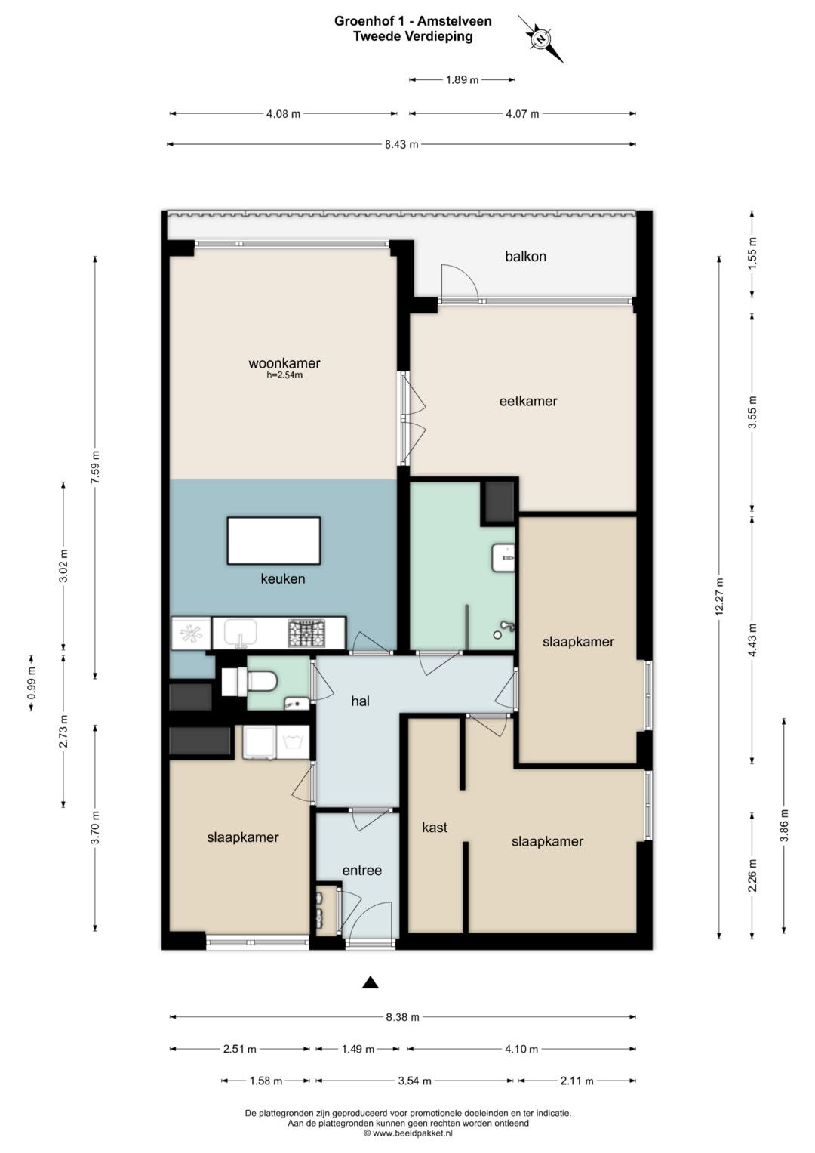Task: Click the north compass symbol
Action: pyautogui.click(x=540, y=39)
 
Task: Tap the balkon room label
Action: pyautogui.click(x=524, y=256)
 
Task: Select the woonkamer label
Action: pyautogui.click(x=284, y=363)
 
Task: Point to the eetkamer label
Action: pyautogui.click(x=528, y=401)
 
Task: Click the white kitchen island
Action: pyautogui.click(x=274, y=541)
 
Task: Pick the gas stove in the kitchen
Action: pyautogui.click(x=306, y=633)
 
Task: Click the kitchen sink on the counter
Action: pyautogui.click(x=240, y=633)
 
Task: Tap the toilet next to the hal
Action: pyautogui.click(x=250, y=682)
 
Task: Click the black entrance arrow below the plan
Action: pyautogui.click(x=370, y=982)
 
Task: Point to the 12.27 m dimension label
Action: pyautogui.click(x=719, y=596)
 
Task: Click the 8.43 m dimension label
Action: pyautogui.click(x=401, y=145)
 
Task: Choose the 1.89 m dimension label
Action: pyautogui.click(x=462, y=80)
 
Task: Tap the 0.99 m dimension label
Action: pyautogui.click(x=32, y=683)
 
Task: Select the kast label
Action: pyautogui.click(x=434, y=827)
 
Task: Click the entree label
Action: pyautogui.click(x=361, y=870)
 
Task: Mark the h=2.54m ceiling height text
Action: pyautogui.click(x=284, y=375)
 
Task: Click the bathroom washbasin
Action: pyautogui.click(x=503, y=557)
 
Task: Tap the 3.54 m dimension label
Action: pyautogui.click(x=415, y=1081)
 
